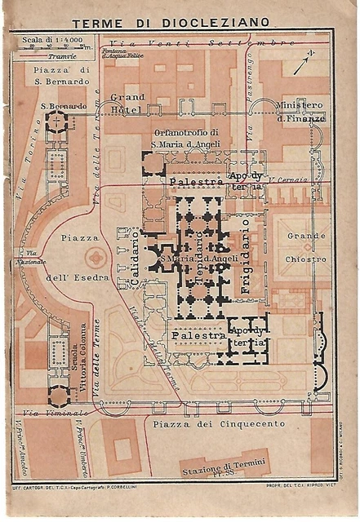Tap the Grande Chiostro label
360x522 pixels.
tap(306, 247)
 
